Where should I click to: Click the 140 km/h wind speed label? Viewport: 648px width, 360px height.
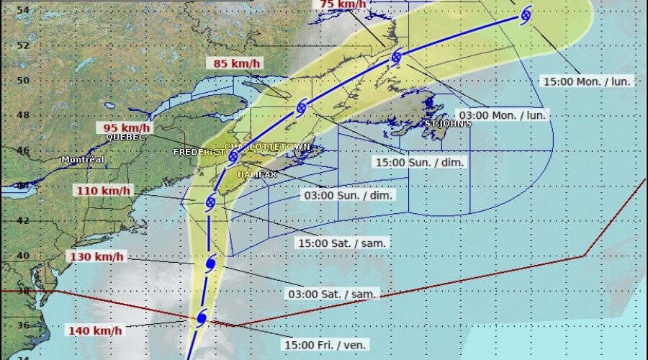[x=96, y=330]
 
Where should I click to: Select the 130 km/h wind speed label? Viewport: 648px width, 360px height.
[x=96, y=257]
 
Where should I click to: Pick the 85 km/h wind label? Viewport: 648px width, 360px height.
[x=237, y=63]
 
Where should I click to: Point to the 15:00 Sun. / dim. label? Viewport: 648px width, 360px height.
[x=419, y=163]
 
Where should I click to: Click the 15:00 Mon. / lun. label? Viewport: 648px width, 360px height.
[x=587, y=81]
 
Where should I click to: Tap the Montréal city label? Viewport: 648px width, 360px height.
[x=83, y=159]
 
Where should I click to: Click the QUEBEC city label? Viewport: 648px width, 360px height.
[x=125, y=137]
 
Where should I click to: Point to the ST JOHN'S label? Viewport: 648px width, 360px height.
[x=448, y=124]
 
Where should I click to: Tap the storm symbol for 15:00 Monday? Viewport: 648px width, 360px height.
[x=526, y=14]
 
